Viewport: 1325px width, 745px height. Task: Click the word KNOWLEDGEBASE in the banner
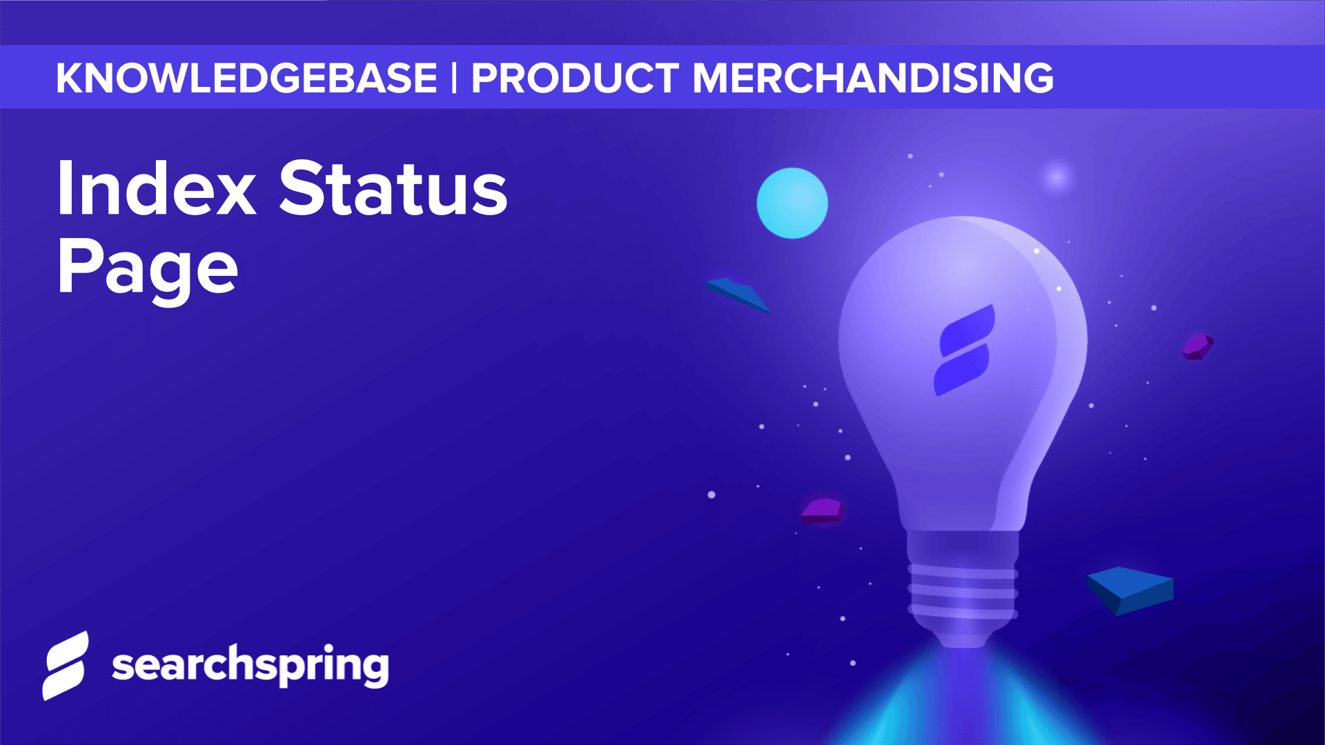click(x=246, y=78)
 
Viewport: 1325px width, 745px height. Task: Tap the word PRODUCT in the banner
click(x=574, y=78)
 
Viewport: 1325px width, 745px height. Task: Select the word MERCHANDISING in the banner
click(x=872, y=78)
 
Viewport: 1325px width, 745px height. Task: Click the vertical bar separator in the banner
click(x=454, y=78)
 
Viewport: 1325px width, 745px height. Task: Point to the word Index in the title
click(x=157, y=189)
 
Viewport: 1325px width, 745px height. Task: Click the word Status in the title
click(x=393, y=189)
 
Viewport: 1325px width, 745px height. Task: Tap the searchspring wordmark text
click(x=250, y=666)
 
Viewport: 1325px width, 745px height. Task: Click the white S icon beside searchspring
click(x=66, y=666)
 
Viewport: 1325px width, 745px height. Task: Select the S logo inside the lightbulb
click(x=965, y=350)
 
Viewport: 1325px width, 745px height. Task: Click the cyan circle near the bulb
click(x=792, y=203)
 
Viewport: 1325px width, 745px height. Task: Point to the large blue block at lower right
click(x=1130, y=590)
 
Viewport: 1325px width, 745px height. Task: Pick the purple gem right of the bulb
click(x=1197, y=346)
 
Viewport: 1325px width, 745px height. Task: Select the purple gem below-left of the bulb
click(x=823, y=510)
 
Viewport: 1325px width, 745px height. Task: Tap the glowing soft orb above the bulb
click(x=1056, y=177)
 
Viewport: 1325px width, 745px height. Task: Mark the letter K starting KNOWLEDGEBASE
click(x=71, y=78)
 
